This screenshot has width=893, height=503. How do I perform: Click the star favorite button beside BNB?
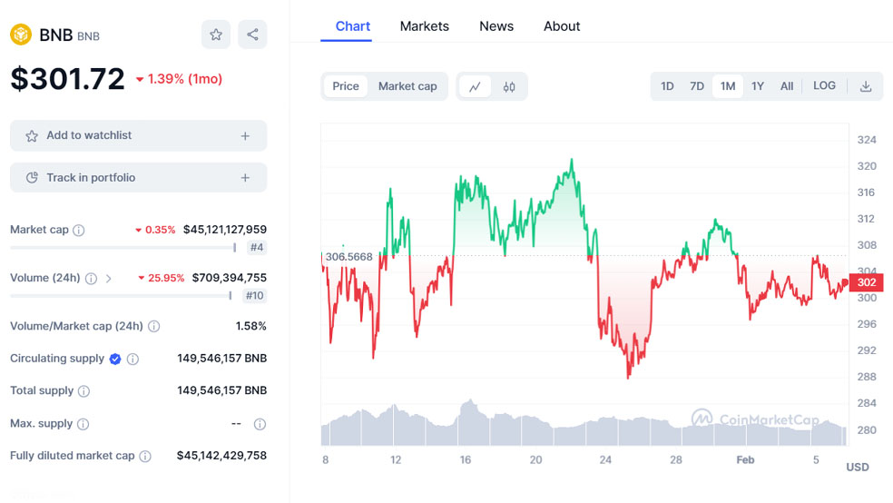(x=216, y=35)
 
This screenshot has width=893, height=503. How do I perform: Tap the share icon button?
(x=252, y=35)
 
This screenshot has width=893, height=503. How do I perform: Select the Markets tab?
(x=424, y=26)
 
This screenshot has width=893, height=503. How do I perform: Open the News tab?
(x=496, y=26)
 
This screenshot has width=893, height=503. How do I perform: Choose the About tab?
(x=562, y=26)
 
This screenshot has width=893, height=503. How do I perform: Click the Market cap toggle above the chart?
(x=407, y=86)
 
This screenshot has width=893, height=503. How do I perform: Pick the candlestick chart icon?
(x=509, y=87)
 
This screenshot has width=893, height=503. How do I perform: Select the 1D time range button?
(x=667, y=86)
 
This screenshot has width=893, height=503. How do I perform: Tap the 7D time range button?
(x=697, y=86)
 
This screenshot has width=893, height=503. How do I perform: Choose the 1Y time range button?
(x=758, y=86)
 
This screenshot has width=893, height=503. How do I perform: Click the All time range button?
(x=787, y=86)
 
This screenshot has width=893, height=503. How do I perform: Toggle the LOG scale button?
(x=824, y=86)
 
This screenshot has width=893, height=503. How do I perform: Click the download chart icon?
(x=866, y=86)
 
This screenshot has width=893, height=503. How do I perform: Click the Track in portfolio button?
(x=139, y=178)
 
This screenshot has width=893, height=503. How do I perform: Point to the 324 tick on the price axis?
(x=867, y=140)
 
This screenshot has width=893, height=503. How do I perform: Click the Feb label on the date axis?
(x=745, y=460)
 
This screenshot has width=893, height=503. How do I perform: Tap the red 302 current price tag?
(x=866, y=282)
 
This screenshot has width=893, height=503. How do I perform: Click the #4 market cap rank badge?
(x=256, y=247)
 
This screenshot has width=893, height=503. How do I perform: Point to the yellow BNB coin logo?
(x=21, y=35)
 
